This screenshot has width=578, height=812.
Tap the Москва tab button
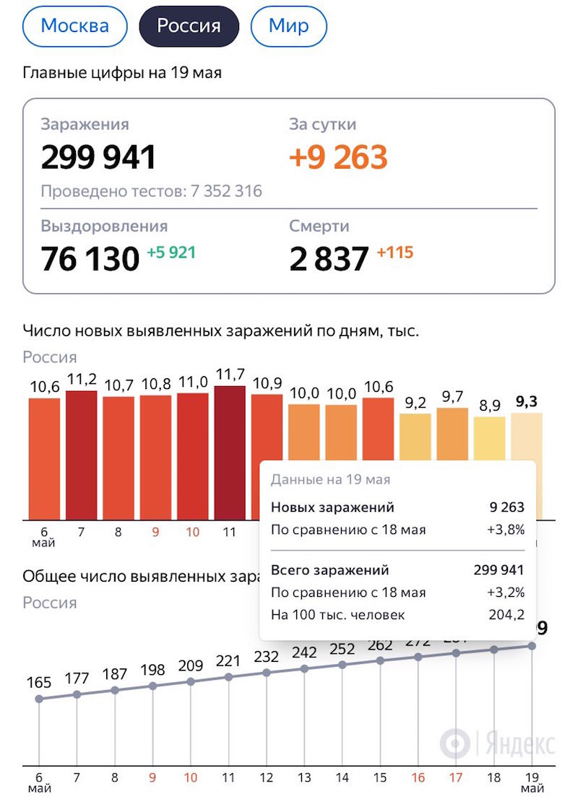[75, 27]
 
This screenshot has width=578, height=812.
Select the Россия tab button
[189, 27]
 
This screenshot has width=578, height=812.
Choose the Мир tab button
[288, 27]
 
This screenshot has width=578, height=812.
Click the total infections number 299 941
[99, 157]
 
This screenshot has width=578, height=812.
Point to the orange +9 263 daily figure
[338, 157]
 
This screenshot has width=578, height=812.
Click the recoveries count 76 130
[90, 258]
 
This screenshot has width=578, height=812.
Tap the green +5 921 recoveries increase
[171, 253]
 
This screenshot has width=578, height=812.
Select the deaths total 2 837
[329, 258]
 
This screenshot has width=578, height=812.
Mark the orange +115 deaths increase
[394, 253]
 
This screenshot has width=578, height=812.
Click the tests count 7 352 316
[226, 191]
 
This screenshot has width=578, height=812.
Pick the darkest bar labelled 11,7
[230, 453]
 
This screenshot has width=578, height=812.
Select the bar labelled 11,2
[81, 455]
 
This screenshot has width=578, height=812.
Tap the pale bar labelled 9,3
[526, 436]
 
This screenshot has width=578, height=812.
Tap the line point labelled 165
[39, 699]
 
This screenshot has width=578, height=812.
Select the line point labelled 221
[229, 677]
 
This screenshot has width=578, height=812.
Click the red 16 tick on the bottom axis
[418, 779]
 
